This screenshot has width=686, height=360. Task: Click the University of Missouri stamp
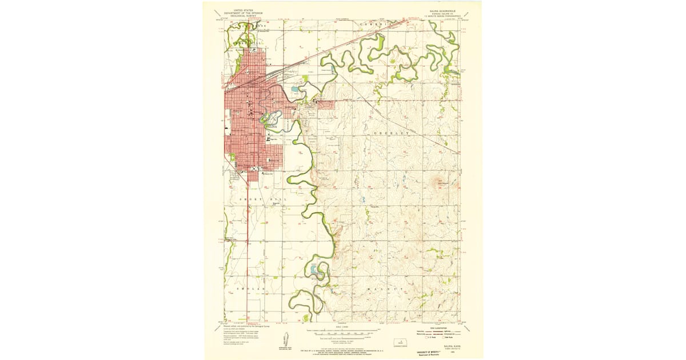[426, 353]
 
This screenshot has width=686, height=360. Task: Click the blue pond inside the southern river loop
[316, 269]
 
